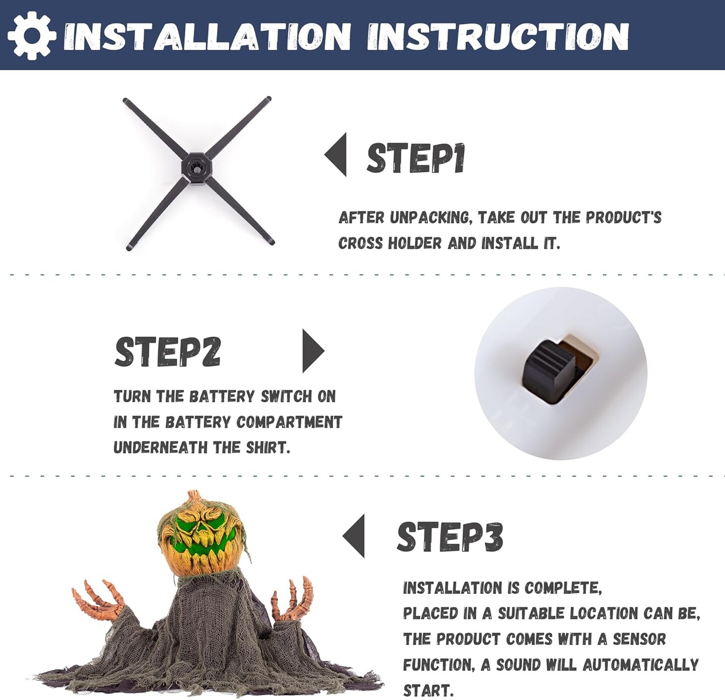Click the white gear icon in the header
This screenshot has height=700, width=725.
pyautogui.click(x=32, y=36)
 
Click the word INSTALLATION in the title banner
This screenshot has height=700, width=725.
pyautogui.click(x=207, y=36)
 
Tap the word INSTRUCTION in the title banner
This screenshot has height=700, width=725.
pyautogui.click(x=498, y=36)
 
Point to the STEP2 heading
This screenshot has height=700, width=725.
pyautogui.click(x=168, y=351)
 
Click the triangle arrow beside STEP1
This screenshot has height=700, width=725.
pyautogui.click(x=335, y=154)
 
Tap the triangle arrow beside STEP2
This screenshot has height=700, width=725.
pyautogui.click(x=313, y=351)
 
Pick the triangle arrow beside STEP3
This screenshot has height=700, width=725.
pyautogui.click(x=353, y=536)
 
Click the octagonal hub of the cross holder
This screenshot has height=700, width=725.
pyautogui.click(x=196, y=168)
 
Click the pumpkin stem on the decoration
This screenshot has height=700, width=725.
pyautogui.click(x=193, y=497)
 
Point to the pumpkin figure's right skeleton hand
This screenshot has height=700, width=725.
pyautogui.click(x=292, y=599)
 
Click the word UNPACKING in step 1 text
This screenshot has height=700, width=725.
pyautogui.click(x=432, y=217)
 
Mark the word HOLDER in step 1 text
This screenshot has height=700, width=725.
pyautogui.click(x=414, y=243)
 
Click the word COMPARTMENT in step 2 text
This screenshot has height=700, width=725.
pyautogui.click(x=289, y=422)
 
